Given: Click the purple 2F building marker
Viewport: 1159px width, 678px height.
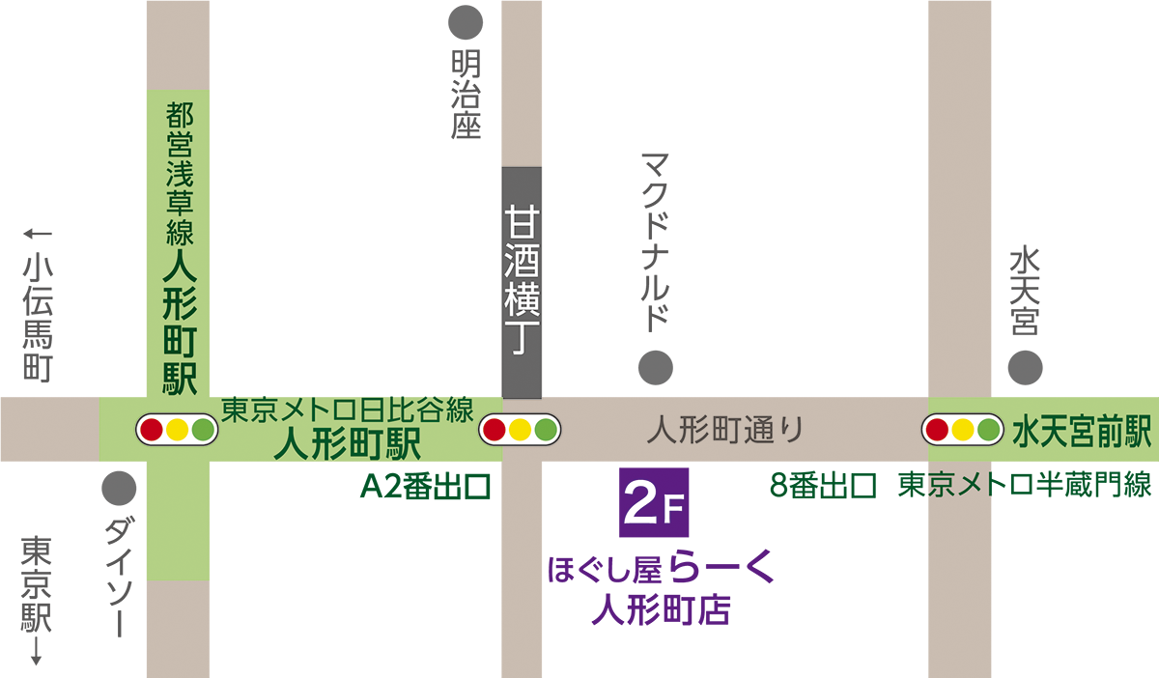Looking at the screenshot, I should coord(653,502).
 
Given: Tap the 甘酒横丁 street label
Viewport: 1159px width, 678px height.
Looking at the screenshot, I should coord(522,282).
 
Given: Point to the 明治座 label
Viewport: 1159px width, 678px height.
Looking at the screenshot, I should coord(466,97).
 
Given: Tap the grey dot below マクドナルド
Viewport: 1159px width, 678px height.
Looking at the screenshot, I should coord(655,366).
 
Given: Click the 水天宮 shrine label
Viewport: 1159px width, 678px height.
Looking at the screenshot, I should coord(1025,291).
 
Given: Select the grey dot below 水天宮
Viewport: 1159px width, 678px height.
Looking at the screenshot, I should coord(1025,367).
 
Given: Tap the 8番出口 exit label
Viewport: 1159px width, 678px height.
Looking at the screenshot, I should coord(823,485).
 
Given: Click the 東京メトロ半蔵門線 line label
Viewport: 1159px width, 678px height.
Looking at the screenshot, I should coord(1025,485).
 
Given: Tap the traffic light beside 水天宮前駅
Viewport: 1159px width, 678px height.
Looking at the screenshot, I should coord(961,429).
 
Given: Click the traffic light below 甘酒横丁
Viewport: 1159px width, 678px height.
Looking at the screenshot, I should coord(522,429).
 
